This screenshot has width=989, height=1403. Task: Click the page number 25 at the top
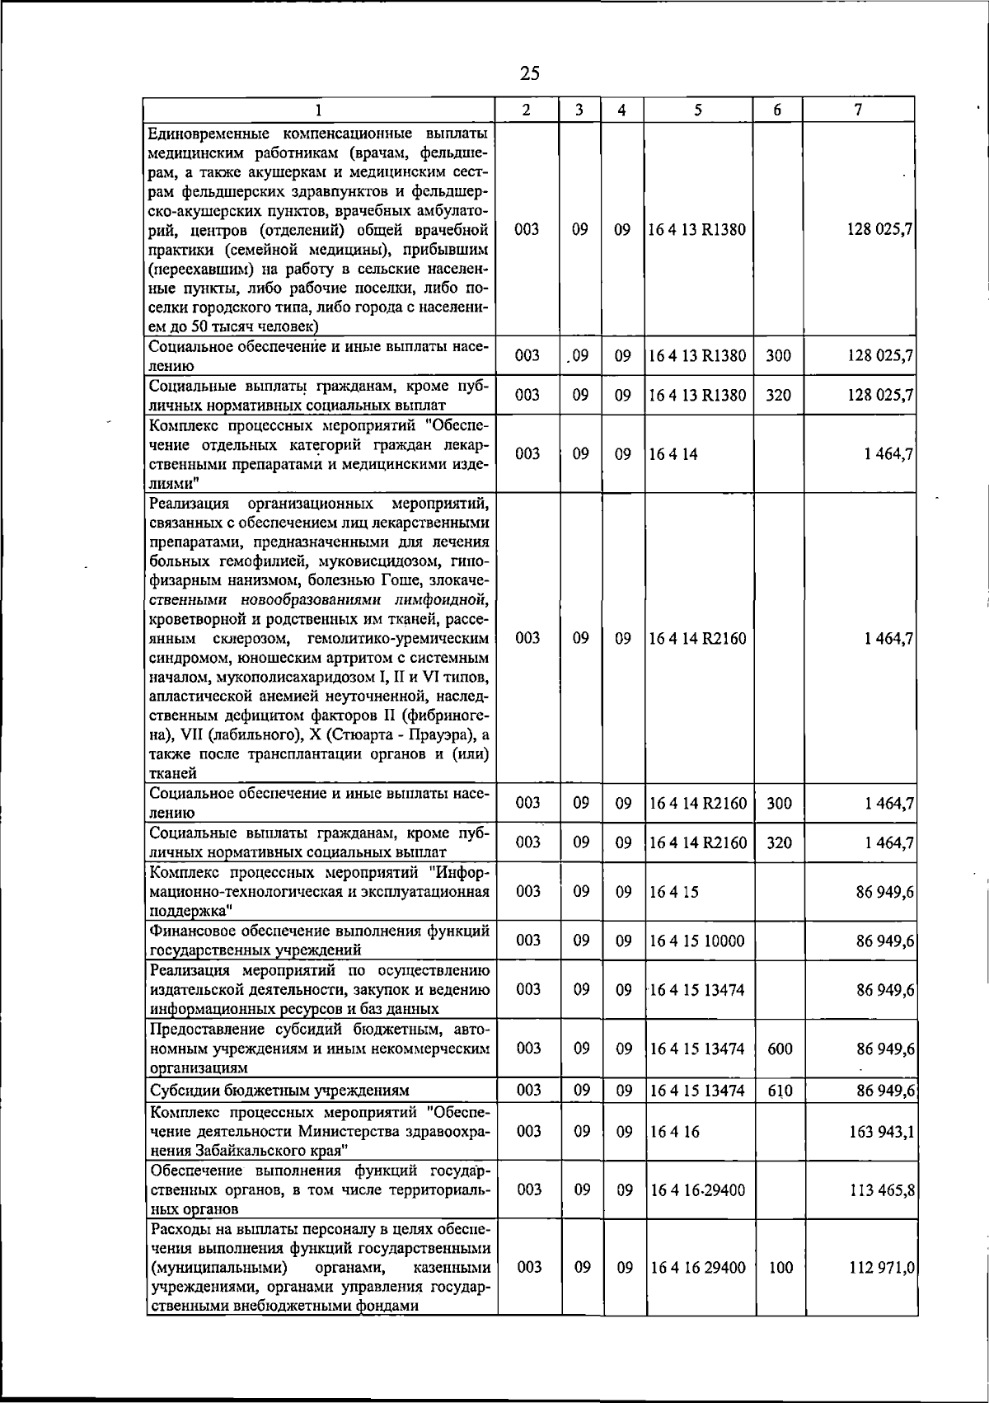529,73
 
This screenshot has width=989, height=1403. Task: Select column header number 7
859,109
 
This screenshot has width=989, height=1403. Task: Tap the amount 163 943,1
880,1131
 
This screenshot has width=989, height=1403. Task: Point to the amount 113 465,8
880,1189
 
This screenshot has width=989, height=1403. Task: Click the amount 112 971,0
880,1267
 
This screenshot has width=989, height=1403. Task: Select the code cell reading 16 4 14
673,453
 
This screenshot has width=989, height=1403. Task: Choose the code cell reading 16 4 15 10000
696,941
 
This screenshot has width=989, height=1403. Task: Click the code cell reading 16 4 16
674,1131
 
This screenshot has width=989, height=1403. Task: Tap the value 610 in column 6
779,1091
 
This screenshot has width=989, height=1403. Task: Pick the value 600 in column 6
779,1049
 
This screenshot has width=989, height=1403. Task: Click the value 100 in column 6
779,1267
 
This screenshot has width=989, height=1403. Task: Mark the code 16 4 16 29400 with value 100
697,1267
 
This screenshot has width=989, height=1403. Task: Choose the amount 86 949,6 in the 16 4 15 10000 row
884,941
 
